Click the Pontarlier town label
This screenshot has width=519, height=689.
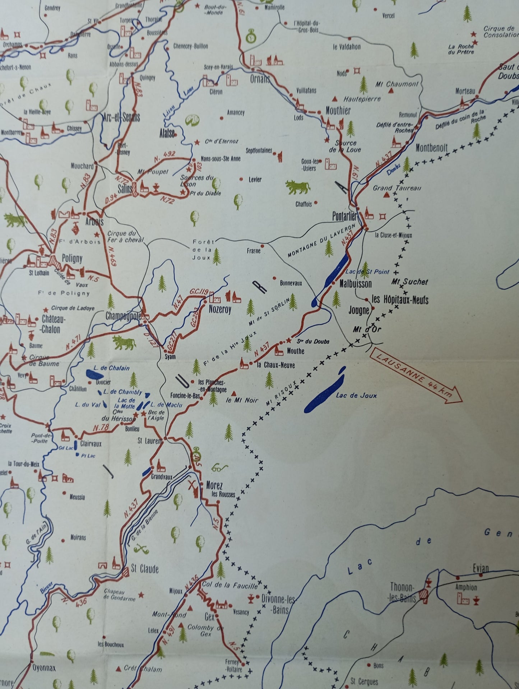pos(344,217)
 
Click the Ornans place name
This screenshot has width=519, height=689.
pos(260,79)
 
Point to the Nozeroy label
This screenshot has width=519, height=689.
pos(220,309)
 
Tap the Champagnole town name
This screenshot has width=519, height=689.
pos(123,316)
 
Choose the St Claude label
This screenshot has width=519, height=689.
pos(144,569)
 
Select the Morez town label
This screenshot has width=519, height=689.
pos(214,485)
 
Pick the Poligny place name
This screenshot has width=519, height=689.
pos(72,259)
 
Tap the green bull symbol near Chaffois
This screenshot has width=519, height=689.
pos(298,187)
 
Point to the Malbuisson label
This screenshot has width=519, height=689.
pos(356,284)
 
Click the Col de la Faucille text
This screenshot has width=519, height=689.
pos(230,585)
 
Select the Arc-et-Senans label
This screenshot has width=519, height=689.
pos(121,117)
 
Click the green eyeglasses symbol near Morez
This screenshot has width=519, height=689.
pos(220,468)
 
